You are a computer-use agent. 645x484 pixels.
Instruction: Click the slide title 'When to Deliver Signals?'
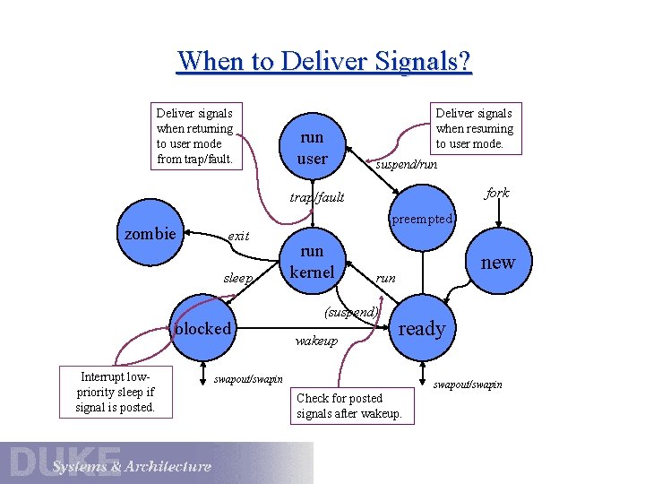323,61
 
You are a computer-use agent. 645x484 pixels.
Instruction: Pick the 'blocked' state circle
203,328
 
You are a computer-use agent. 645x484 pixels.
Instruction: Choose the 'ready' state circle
421,328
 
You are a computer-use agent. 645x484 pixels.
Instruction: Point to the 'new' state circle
497,262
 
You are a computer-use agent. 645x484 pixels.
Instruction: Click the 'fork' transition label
496,193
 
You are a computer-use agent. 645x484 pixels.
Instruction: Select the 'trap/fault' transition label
317,197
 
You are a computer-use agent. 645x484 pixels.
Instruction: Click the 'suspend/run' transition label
406,165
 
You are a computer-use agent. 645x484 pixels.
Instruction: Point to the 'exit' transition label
238,236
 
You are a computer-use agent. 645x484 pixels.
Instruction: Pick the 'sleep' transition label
238,278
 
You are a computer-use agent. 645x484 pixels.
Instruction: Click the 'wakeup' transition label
316,341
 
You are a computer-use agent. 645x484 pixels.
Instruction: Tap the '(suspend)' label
352,312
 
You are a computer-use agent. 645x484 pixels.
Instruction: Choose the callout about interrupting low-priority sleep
116,392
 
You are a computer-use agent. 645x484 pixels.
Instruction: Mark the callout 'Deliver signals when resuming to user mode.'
474,128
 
